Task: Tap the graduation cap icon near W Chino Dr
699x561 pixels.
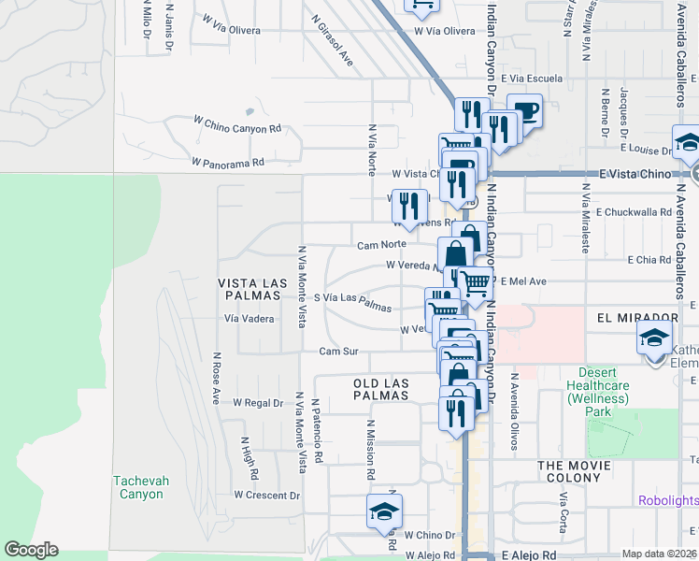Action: [x=382, y=512]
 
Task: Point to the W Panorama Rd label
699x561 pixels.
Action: [x=228, y=162]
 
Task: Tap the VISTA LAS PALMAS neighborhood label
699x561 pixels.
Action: [x=249, y=289]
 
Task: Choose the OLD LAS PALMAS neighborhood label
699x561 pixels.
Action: [x=381, y=389]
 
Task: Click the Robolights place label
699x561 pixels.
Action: [x=668, y=500]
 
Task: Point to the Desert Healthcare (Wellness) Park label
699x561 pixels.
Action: [x=597, y=392]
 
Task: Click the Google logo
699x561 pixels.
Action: [x=31, y=550]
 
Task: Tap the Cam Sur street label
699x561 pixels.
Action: [x=338, y=352]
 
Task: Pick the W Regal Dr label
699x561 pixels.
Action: [x=257, y=403]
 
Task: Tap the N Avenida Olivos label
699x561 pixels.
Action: [x=514, y=412]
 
